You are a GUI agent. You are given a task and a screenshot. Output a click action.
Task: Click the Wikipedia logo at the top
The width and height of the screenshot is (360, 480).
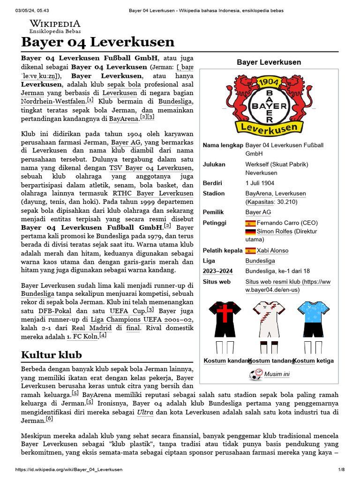[x=55, y=26]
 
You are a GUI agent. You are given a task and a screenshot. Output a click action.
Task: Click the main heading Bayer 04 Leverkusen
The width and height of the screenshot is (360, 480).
[x=97, y=42]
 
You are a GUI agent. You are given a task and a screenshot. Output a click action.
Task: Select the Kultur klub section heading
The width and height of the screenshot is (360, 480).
[x=52, y=354]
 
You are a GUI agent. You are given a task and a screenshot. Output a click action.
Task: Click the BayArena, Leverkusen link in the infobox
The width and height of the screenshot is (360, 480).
[x=275, y=193]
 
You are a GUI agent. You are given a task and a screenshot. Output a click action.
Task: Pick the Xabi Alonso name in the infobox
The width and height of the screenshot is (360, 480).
[x=272, y=250]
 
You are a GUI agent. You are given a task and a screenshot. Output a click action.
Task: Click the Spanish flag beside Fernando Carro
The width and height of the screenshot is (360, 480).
[x=250, y=223]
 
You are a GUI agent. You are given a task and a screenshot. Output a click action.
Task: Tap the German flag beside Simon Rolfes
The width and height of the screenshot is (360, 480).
[x=250, y=232]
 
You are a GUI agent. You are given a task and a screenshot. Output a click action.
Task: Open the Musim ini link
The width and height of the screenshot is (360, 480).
[x=277, y=374]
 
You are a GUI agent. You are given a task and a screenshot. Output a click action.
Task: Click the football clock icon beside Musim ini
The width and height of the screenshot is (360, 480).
[x=256, y=374]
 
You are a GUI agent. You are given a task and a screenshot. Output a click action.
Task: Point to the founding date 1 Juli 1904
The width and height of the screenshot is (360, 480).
[x=260, y=183]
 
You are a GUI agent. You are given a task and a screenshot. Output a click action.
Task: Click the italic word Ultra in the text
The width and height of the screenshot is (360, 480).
[x=145, y=412]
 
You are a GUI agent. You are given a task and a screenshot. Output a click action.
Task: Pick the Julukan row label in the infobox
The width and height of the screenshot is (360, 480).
[x=214, y=165]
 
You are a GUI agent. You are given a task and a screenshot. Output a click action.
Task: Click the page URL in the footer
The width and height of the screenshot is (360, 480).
[x=69, y=469]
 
